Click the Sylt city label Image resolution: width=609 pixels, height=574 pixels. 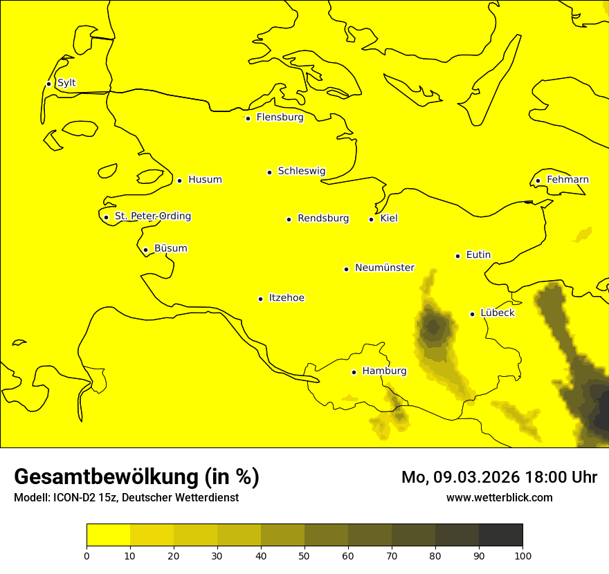pos(66,83)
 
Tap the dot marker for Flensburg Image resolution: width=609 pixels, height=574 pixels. pos(248,118)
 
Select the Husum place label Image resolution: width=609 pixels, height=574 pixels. pos(205,180)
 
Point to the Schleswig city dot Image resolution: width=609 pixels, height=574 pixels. pos(269,172)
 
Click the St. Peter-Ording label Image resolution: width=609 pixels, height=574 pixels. pos(153,216)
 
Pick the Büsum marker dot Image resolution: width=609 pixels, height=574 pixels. pos(145,250)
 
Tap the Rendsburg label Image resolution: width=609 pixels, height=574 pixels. pos(323,219)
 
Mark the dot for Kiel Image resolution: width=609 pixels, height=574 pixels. pos(371,219)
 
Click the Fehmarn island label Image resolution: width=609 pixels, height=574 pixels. pos(567,180)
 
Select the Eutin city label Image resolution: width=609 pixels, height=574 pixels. pos(478,255)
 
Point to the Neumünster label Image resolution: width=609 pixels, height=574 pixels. pos(385,268)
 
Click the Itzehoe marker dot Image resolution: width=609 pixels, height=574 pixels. pos(260,299)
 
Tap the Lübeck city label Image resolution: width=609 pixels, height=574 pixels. pos(498,313)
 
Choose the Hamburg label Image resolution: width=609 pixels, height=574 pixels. pos(384,371)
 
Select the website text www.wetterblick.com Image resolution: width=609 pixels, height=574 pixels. pos(499,497)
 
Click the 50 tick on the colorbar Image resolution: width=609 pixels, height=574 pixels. pos(304,555)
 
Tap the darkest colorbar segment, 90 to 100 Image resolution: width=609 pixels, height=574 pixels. pos(500,535)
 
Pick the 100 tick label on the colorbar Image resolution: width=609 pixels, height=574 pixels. pos(522,555)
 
